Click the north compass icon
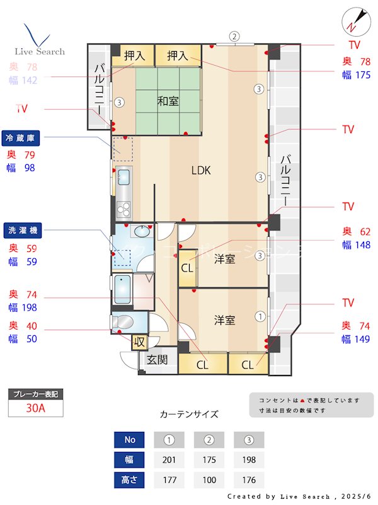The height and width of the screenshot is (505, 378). coord(353,23)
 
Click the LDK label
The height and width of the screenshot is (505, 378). coord(201,170)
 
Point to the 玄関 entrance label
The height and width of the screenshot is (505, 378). coord(157,360)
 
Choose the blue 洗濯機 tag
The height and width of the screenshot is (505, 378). coord(22,230)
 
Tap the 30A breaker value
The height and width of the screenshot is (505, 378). coord(35,408)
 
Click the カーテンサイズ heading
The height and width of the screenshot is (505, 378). coord(189,414)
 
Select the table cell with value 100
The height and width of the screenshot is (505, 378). coord(209,480)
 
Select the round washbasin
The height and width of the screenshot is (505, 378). coord(143,231)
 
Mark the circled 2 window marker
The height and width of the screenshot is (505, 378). coord(234,37)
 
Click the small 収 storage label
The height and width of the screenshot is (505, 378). coord(139,343)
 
